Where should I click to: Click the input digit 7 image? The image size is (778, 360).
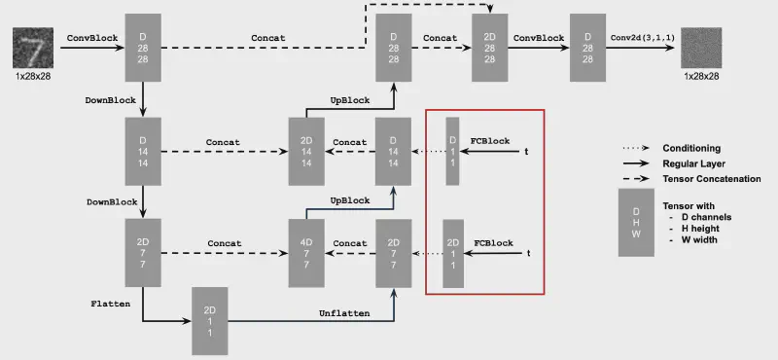(x=32, y=47)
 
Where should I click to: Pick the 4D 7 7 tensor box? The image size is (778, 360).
(x=304, y=252)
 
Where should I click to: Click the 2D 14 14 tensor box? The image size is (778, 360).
(x=304, y=151)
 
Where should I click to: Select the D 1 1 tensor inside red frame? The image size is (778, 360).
(x=451, y=151)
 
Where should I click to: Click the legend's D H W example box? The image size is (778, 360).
(x=636, y=223)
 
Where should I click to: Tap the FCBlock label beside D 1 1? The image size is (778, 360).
(x=490, y=140)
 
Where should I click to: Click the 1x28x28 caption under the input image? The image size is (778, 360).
(x=32, y=75)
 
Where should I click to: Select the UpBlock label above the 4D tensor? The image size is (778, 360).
(x=350, y=200)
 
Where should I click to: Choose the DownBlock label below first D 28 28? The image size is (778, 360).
(x=111, y=98)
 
